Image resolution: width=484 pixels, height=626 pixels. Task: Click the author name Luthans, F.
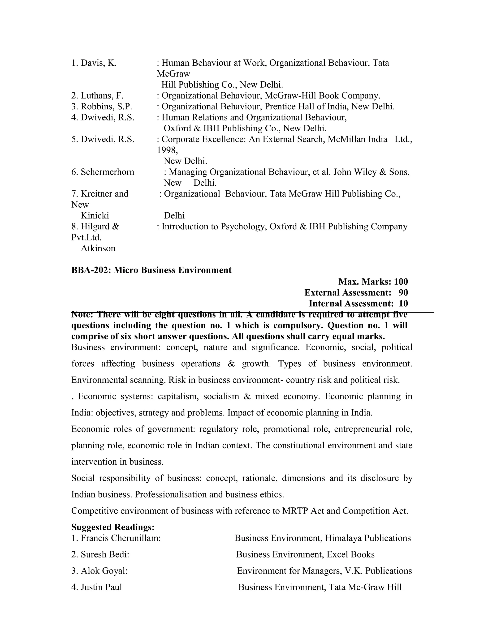102,95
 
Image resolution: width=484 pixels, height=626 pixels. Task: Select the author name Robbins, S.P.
106,106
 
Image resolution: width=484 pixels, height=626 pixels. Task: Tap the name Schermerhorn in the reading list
107,172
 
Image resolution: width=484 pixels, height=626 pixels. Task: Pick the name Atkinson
98,248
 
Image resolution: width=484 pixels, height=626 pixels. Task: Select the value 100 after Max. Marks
401,282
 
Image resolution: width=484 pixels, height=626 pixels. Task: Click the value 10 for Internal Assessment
403,303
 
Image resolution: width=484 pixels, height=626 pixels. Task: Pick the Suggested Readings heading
113,527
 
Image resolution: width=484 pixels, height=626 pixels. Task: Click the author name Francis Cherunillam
121,538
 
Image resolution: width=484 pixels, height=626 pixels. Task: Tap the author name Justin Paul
101,587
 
